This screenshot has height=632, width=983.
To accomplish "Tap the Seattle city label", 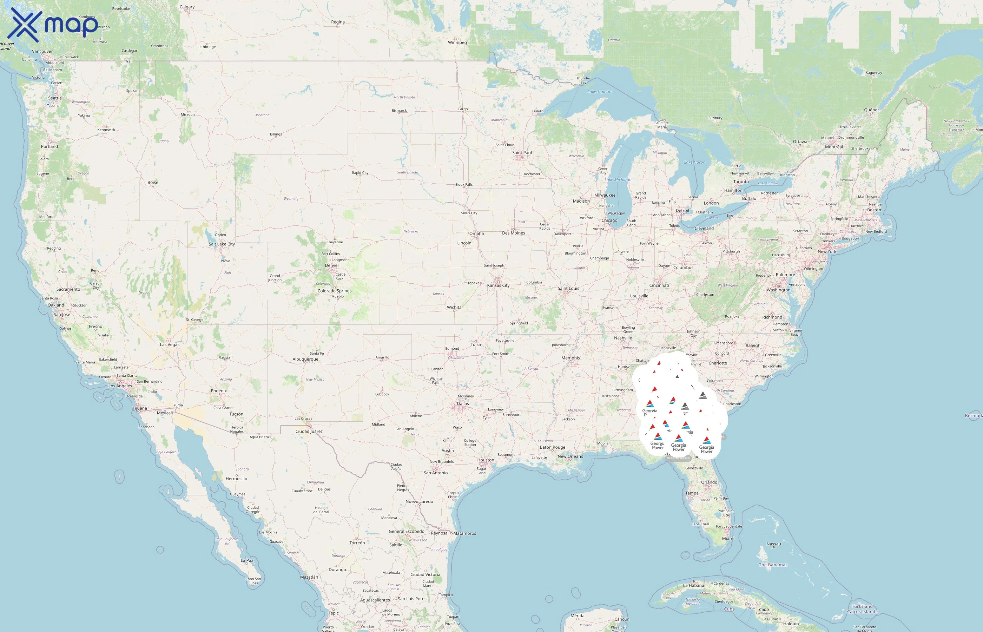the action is click(x=55, y=98).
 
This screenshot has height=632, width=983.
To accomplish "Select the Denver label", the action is click(x=332, y=265).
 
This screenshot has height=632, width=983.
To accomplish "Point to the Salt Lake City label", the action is click(x=222, y=244).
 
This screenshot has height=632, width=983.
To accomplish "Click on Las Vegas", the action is click(x=170, y=345).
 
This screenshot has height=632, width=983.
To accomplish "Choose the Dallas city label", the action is click(x=463, y=404).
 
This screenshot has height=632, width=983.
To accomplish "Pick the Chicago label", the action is click(x=609, y=220).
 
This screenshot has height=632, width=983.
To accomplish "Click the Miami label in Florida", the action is click(x=728, y=539).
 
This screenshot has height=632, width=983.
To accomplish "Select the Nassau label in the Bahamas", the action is click(x=774, y=544).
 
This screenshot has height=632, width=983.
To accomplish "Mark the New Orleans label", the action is click(x=570, y=456).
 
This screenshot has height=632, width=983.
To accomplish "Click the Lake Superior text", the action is click(x=600, y=92).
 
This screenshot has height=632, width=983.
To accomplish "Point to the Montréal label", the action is click(x=834, y=147).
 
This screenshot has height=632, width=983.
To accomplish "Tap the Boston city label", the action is click(x=874, y=210).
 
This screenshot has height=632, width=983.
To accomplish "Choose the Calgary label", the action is click(x=187, y=7).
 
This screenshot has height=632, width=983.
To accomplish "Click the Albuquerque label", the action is click(x=305, y=360).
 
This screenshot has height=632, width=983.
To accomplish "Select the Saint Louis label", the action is click(x=568, y=289).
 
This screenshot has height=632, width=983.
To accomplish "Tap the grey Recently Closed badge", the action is click(x=678, y=458).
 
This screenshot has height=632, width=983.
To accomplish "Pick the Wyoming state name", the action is click(x=291, y=199).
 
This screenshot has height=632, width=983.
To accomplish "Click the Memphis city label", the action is click(x=571, y=358).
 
